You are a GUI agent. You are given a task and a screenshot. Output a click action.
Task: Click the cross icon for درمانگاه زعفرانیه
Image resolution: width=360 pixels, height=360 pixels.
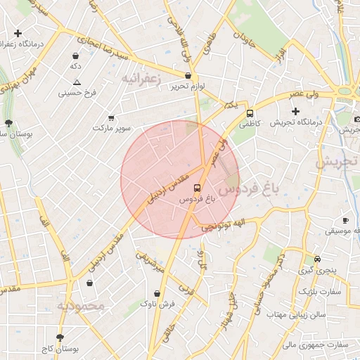coord(18,33)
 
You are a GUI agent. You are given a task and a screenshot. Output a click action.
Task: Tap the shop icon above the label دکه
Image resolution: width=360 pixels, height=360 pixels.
coord(75,56)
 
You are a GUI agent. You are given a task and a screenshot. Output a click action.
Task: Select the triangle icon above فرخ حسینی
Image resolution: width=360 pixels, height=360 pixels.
coord(77,82)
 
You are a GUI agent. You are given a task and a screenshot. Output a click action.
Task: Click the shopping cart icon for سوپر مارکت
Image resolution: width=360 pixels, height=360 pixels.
coord(111,118)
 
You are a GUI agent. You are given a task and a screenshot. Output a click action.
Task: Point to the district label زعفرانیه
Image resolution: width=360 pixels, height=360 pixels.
coord(141,79)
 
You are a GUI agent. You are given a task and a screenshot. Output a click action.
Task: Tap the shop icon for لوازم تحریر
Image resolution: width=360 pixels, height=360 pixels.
coord(188,75)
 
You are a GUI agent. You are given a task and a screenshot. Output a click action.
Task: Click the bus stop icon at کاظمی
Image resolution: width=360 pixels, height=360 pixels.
coord(250,113)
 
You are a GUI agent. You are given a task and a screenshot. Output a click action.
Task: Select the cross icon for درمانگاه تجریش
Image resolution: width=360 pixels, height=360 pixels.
coord(295,111)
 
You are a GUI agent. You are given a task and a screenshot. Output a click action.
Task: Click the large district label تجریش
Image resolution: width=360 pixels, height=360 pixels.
coord(337,162)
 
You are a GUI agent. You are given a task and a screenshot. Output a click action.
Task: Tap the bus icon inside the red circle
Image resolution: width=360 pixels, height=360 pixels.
coord(196,188)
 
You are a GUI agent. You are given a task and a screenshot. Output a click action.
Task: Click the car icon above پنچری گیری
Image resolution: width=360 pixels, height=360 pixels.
coord(318,259)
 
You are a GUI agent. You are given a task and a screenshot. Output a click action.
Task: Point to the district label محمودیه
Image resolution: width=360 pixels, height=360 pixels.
coord(81,307)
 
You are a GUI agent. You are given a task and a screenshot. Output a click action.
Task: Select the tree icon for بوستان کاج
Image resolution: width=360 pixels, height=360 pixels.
coord(60,337)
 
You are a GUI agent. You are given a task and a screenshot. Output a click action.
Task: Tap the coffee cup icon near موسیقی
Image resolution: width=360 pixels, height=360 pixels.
coord(345,220)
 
